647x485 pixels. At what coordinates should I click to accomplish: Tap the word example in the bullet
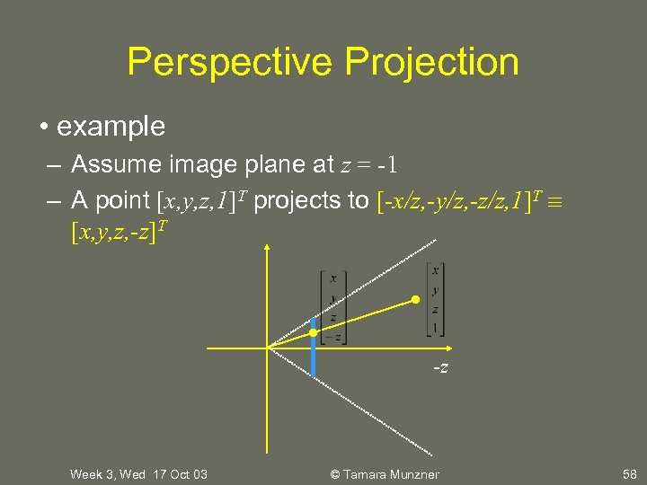111,126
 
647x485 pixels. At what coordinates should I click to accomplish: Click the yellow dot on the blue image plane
313,333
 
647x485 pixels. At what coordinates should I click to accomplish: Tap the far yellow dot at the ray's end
415,299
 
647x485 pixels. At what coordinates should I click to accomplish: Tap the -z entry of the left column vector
332,337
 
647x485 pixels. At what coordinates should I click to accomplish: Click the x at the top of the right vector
435,270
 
